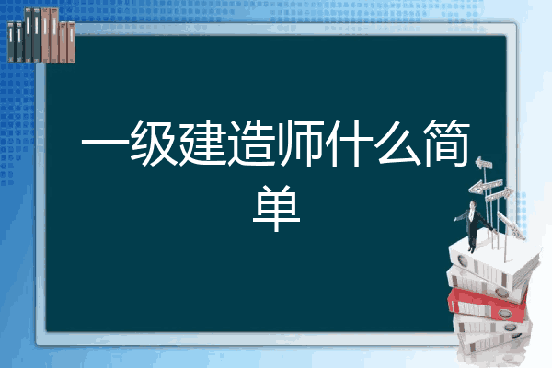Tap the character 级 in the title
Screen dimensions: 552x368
pyautogui.click(x=154, y=144)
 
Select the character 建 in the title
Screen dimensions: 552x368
pyautogui.click(x=202, y=144)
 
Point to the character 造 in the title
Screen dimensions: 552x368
pyautogui.click(x=251, y=144)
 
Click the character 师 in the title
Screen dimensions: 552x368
pyautogui.click(x=300, y=144)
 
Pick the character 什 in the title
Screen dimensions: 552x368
pyautogui.click(x=349, y=144)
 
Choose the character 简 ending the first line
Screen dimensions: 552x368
pyautogui.click(x=446, y=144)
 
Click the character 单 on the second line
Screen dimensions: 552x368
pyautogui.click(x=276, y=209)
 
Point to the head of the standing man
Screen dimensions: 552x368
pyautogui.click(x=473, y=205)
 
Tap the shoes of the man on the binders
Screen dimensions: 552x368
pyautogui.click(x=471, y=249)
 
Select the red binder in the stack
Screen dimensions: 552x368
pyautogui.click(x=487, y=304)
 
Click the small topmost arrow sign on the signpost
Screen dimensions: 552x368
pyautogui.click(x=484, y=164)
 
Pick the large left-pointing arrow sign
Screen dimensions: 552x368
pyautogui.click(x=485, y=186)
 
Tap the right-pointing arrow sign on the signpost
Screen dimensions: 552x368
pyautogui.click(x=499, y=194)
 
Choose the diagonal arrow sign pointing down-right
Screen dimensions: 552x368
pyautogui.click(x=511, y=225)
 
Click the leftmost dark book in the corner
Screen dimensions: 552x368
pyautogui.click(x=11, y=42)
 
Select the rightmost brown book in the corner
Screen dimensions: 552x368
pyautogui.click(x=72, y=42)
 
